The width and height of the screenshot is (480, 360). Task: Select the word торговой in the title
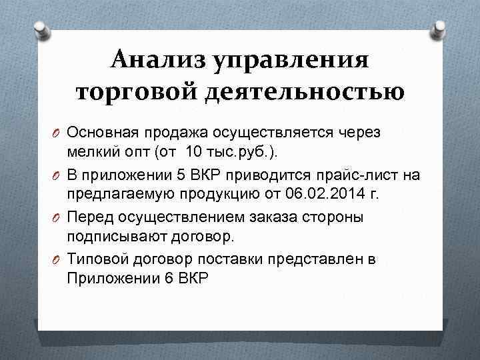click(134, 92)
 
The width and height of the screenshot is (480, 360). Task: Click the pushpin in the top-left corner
click(40, 29)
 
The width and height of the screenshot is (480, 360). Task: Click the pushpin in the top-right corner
click(439, 29)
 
